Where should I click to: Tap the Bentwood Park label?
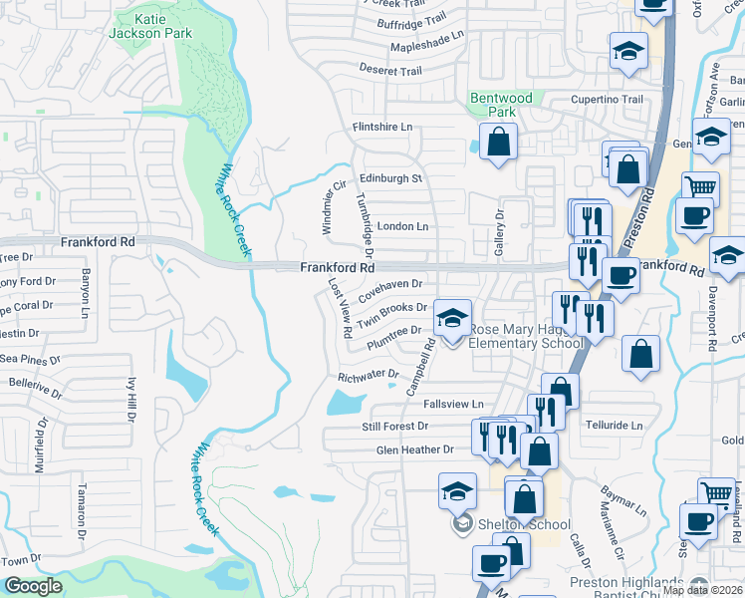click(501, 105)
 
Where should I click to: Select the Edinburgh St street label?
click(391, 178)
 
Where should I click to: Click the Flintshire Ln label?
click(381, 128)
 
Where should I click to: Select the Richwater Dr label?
click(368, 377)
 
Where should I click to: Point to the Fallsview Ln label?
click(453, 404)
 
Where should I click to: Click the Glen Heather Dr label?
click(414, 449)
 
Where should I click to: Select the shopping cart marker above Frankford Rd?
click(700, 187)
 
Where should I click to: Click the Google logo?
click(33, 586)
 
